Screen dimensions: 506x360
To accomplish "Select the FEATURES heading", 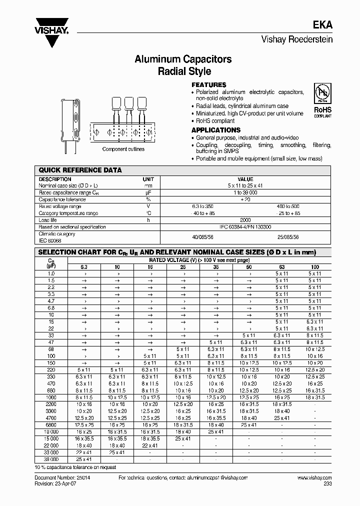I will [x=208, y=85].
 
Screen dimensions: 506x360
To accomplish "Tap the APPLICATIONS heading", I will [x=216, y=130].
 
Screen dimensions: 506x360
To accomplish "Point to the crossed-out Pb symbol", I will [x=322, y=93].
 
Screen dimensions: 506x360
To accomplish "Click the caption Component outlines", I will [x=123, y=149].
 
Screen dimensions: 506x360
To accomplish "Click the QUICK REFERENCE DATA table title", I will [x=80, y=170].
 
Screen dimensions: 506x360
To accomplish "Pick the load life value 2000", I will [x=245, y=220].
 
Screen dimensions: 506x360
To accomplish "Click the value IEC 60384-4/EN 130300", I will [x=245, y=227].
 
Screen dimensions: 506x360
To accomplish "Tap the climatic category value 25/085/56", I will [x=288, y=237].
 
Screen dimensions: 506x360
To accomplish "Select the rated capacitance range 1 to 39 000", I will [x=245, y=192].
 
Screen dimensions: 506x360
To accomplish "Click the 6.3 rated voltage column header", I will [x=84, y=267].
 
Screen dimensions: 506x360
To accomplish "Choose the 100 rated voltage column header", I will [x=315, y=267].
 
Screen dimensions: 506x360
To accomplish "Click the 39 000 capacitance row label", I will [x=50, y=459].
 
